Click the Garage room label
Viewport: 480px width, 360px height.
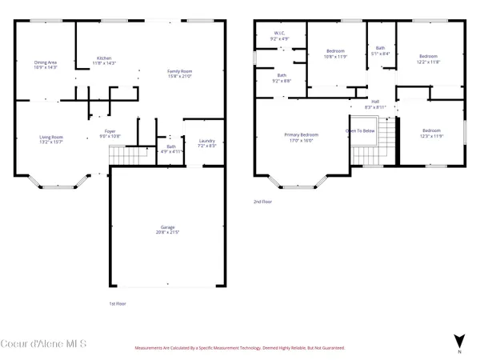tap(167, 227)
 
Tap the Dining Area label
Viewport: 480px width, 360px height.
tap(46, 62)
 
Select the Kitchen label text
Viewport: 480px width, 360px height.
tap(105, 58)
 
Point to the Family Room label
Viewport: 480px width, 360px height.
tap(180, 72)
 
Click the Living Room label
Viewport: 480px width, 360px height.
tap(51, 137)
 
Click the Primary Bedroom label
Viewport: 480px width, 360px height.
tap(302, 134)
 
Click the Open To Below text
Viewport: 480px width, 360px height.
tap(361, 130)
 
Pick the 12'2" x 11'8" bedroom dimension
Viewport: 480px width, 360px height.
tap(428, 61)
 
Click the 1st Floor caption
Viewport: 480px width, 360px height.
tap(118, 304)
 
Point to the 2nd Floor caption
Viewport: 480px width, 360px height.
tap(263, 202)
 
